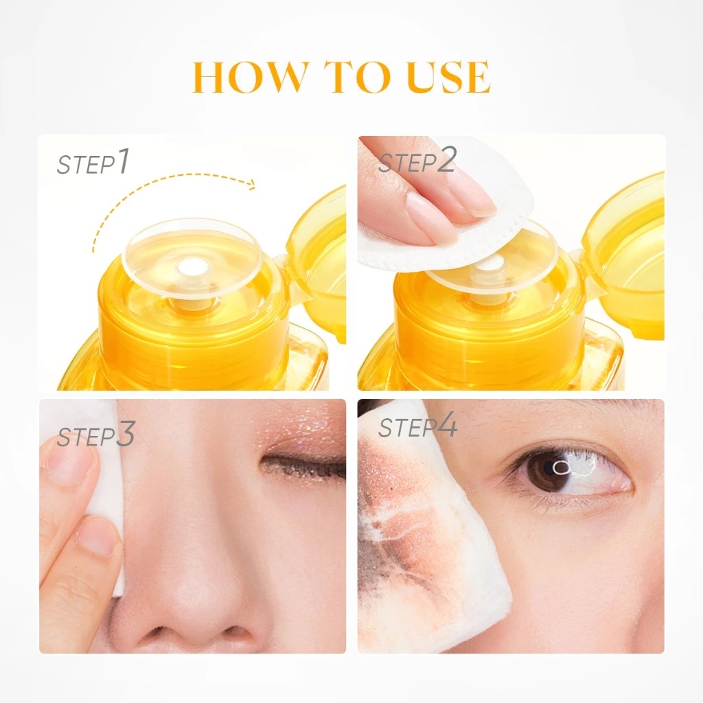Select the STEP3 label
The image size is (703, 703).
(x=96, y=437)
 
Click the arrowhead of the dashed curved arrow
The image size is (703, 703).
(x=251, y=184)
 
